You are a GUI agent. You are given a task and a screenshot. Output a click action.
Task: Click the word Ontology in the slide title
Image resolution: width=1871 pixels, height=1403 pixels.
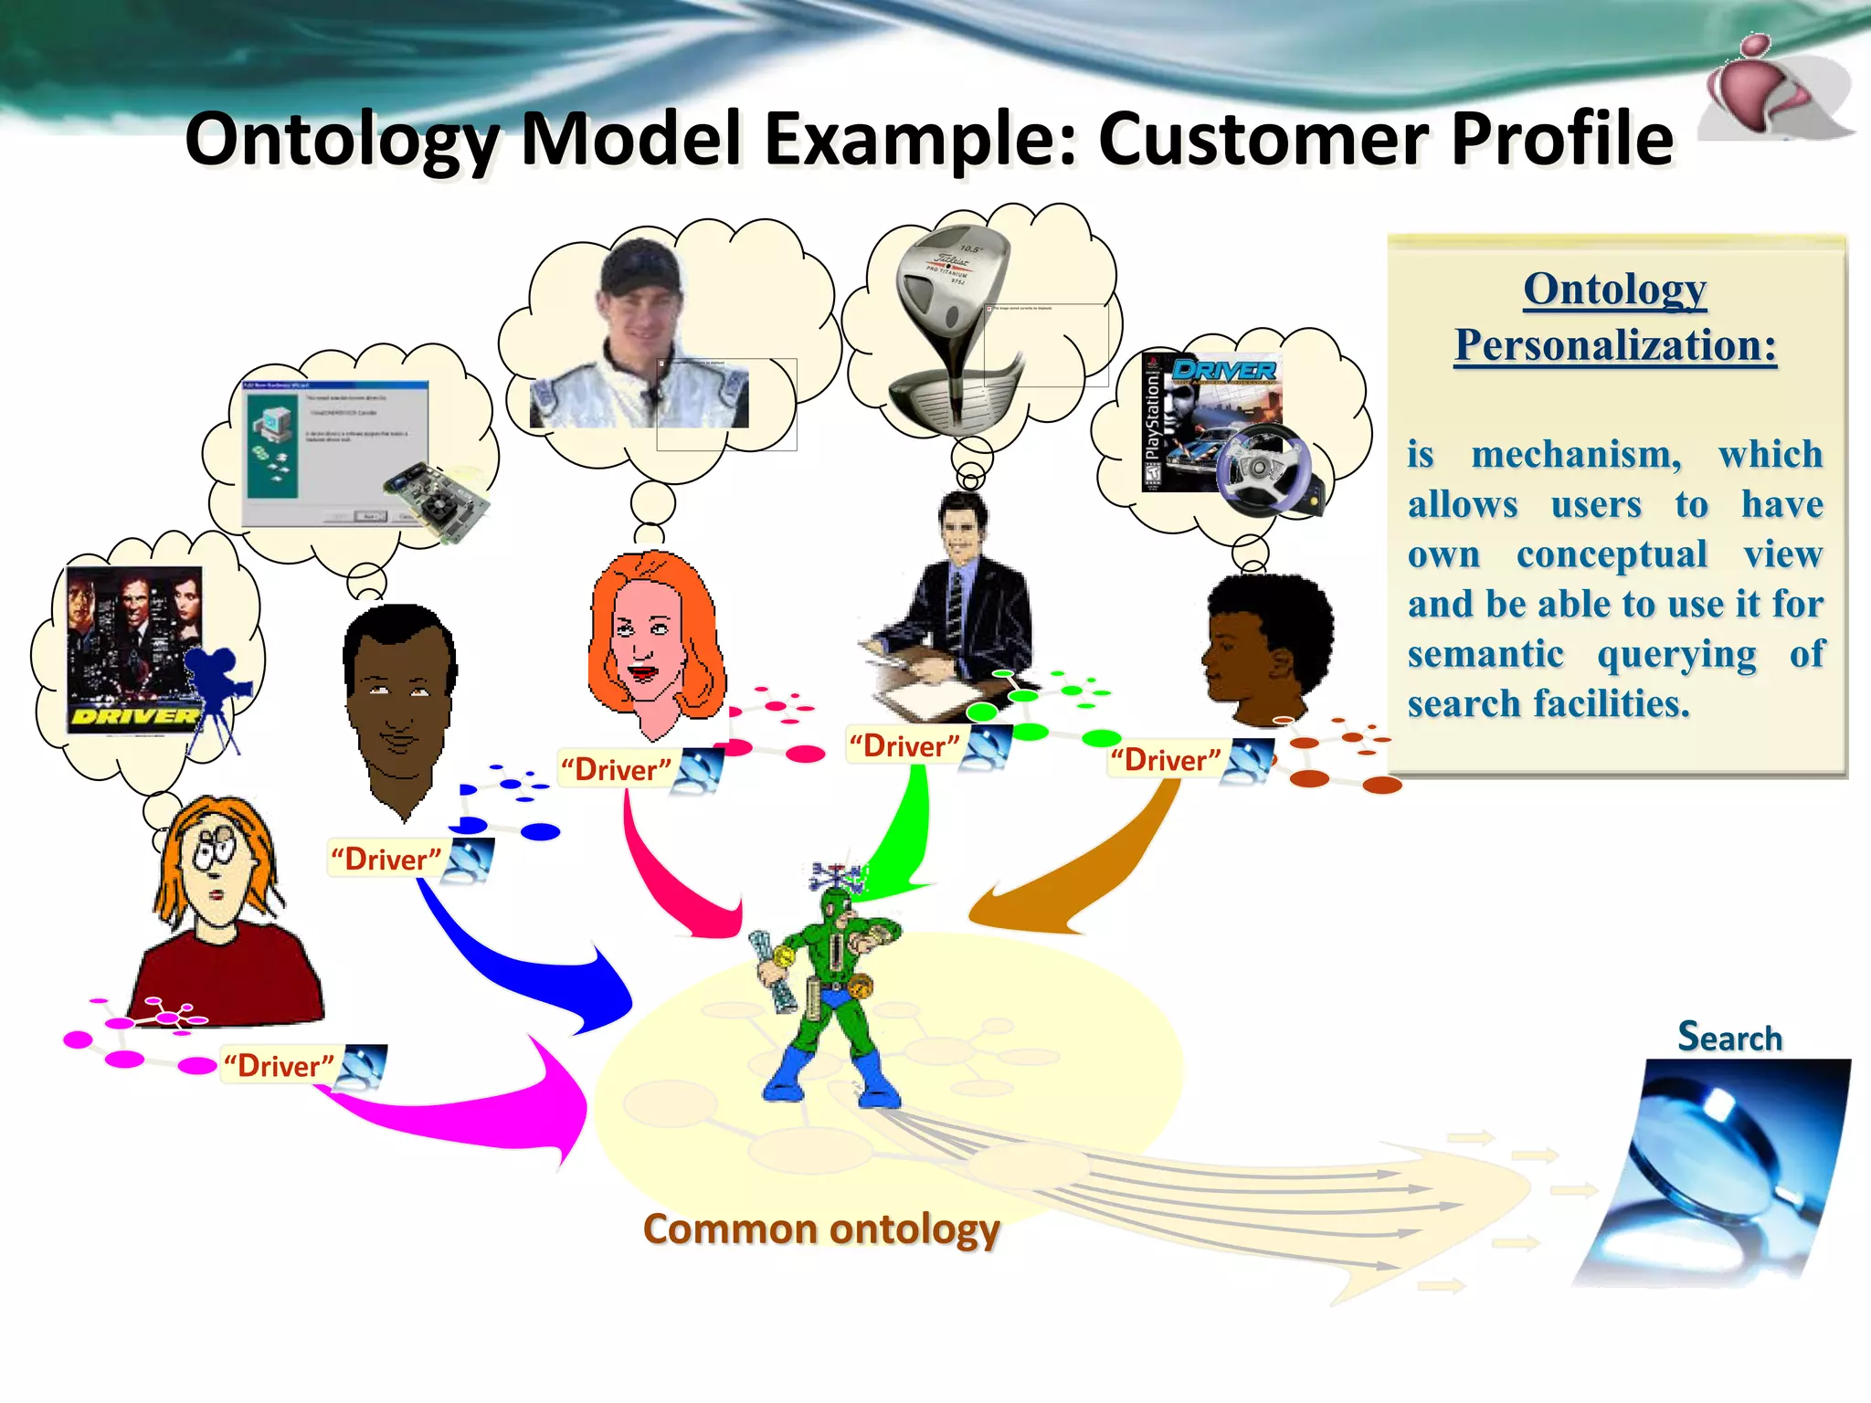[x=343, y=140]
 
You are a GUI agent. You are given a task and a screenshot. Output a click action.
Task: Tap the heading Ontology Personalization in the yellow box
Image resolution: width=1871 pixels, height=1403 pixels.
[x=1615, y=317]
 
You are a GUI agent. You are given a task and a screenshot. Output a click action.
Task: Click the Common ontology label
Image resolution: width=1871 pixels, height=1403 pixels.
[x=821, y=1229]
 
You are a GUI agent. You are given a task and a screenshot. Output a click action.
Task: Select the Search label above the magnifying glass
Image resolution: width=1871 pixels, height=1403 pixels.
[x=1729, y=1038]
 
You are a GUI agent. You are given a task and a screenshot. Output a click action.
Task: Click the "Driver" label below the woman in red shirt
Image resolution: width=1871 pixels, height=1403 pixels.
[x=279, y=1066]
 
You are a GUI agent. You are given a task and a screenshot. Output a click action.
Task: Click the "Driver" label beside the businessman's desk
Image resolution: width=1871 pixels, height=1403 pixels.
[x=904, y=745]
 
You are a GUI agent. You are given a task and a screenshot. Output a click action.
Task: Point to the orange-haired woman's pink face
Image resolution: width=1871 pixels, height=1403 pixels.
[x=645, y=649]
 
